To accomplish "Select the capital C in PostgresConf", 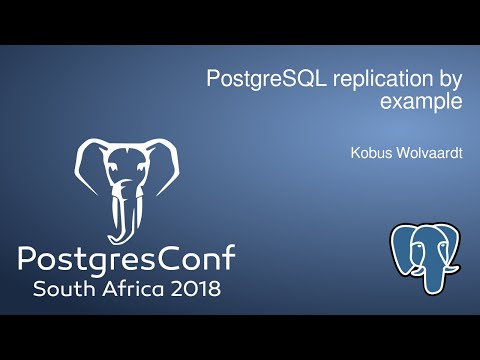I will coord(165,260).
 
